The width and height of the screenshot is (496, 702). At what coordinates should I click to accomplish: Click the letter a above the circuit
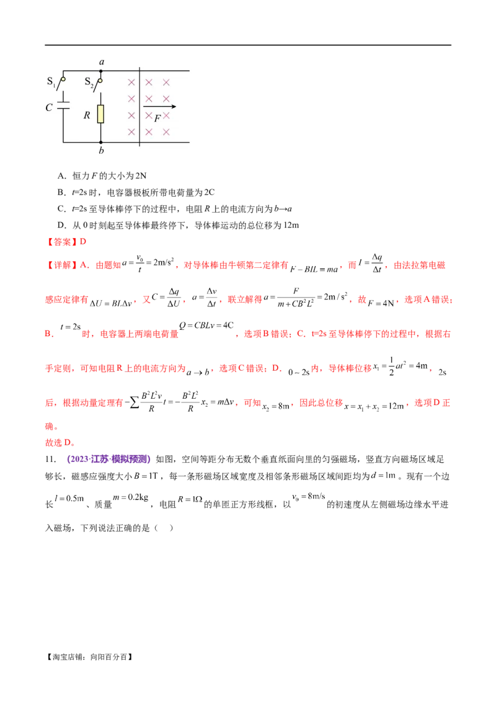click(102, 62)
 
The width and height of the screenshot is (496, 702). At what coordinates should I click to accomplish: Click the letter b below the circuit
click(102, 151)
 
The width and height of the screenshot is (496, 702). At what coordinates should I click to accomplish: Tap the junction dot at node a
click(102, 71)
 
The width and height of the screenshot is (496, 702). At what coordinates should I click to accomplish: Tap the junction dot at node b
click(102, 142)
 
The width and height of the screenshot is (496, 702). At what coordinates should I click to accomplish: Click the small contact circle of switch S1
click(63, 79)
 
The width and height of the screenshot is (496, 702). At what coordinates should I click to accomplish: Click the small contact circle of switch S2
click(100, 79)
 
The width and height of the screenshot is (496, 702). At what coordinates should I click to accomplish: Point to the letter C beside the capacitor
click(49, 107)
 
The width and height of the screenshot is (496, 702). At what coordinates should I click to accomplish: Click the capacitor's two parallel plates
click(63, 104)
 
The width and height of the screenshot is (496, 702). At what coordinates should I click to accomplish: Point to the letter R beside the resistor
click(87, 115)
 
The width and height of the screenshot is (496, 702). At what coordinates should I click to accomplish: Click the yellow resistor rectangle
click(100, 114)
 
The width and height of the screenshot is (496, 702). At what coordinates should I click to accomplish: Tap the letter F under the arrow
click(157, 118)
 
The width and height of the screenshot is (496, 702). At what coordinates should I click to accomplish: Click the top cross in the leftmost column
click(131, 82)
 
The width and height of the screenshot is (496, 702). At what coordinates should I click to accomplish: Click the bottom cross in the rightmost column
click(166, 131)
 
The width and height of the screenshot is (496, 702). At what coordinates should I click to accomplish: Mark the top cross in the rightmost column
click(166, 82)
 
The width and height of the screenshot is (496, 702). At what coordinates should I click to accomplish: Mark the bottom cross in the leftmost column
click(131, 131)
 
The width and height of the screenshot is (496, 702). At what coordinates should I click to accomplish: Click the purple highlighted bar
click(109, 460)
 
